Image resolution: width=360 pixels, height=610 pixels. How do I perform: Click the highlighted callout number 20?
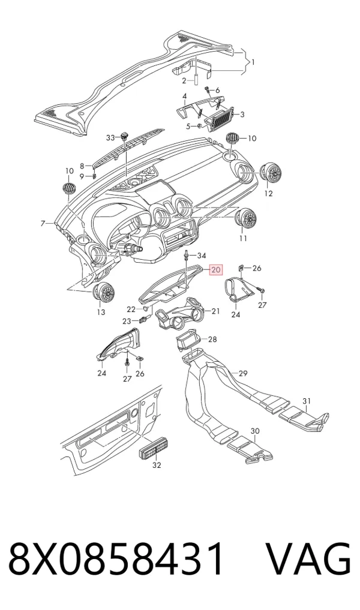pos(215,269)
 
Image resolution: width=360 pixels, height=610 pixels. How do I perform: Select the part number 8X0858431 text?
pos(117,560)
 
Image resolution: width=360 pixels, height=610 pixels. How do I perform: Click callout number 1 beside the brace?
pos(253,62)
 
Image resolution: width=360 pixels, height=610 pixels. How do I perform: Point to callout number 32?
pos(157,465)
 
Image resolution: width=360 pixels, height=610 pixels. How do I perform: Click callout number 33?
pos(110,138)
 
